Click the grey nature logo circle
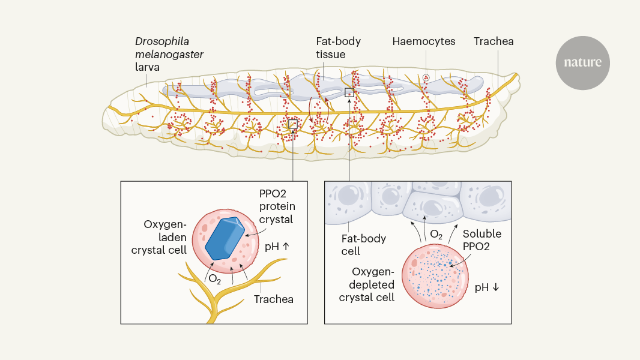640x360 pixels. (582, 62)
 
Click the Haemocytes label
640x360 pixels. (424, 41)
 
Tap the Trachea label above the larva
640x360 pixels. (494, 41)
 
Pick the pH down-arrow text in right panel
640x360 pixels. (487, 287)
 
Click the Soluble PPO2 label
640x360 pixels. (482, 240)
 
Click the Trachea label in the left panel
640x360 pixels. (274, 299)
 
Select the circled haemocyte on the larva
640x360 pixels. (426, 77)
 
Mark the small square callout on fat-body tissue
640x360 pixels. (349, 92)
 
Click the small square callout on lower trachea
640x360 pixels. (292, 124)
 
